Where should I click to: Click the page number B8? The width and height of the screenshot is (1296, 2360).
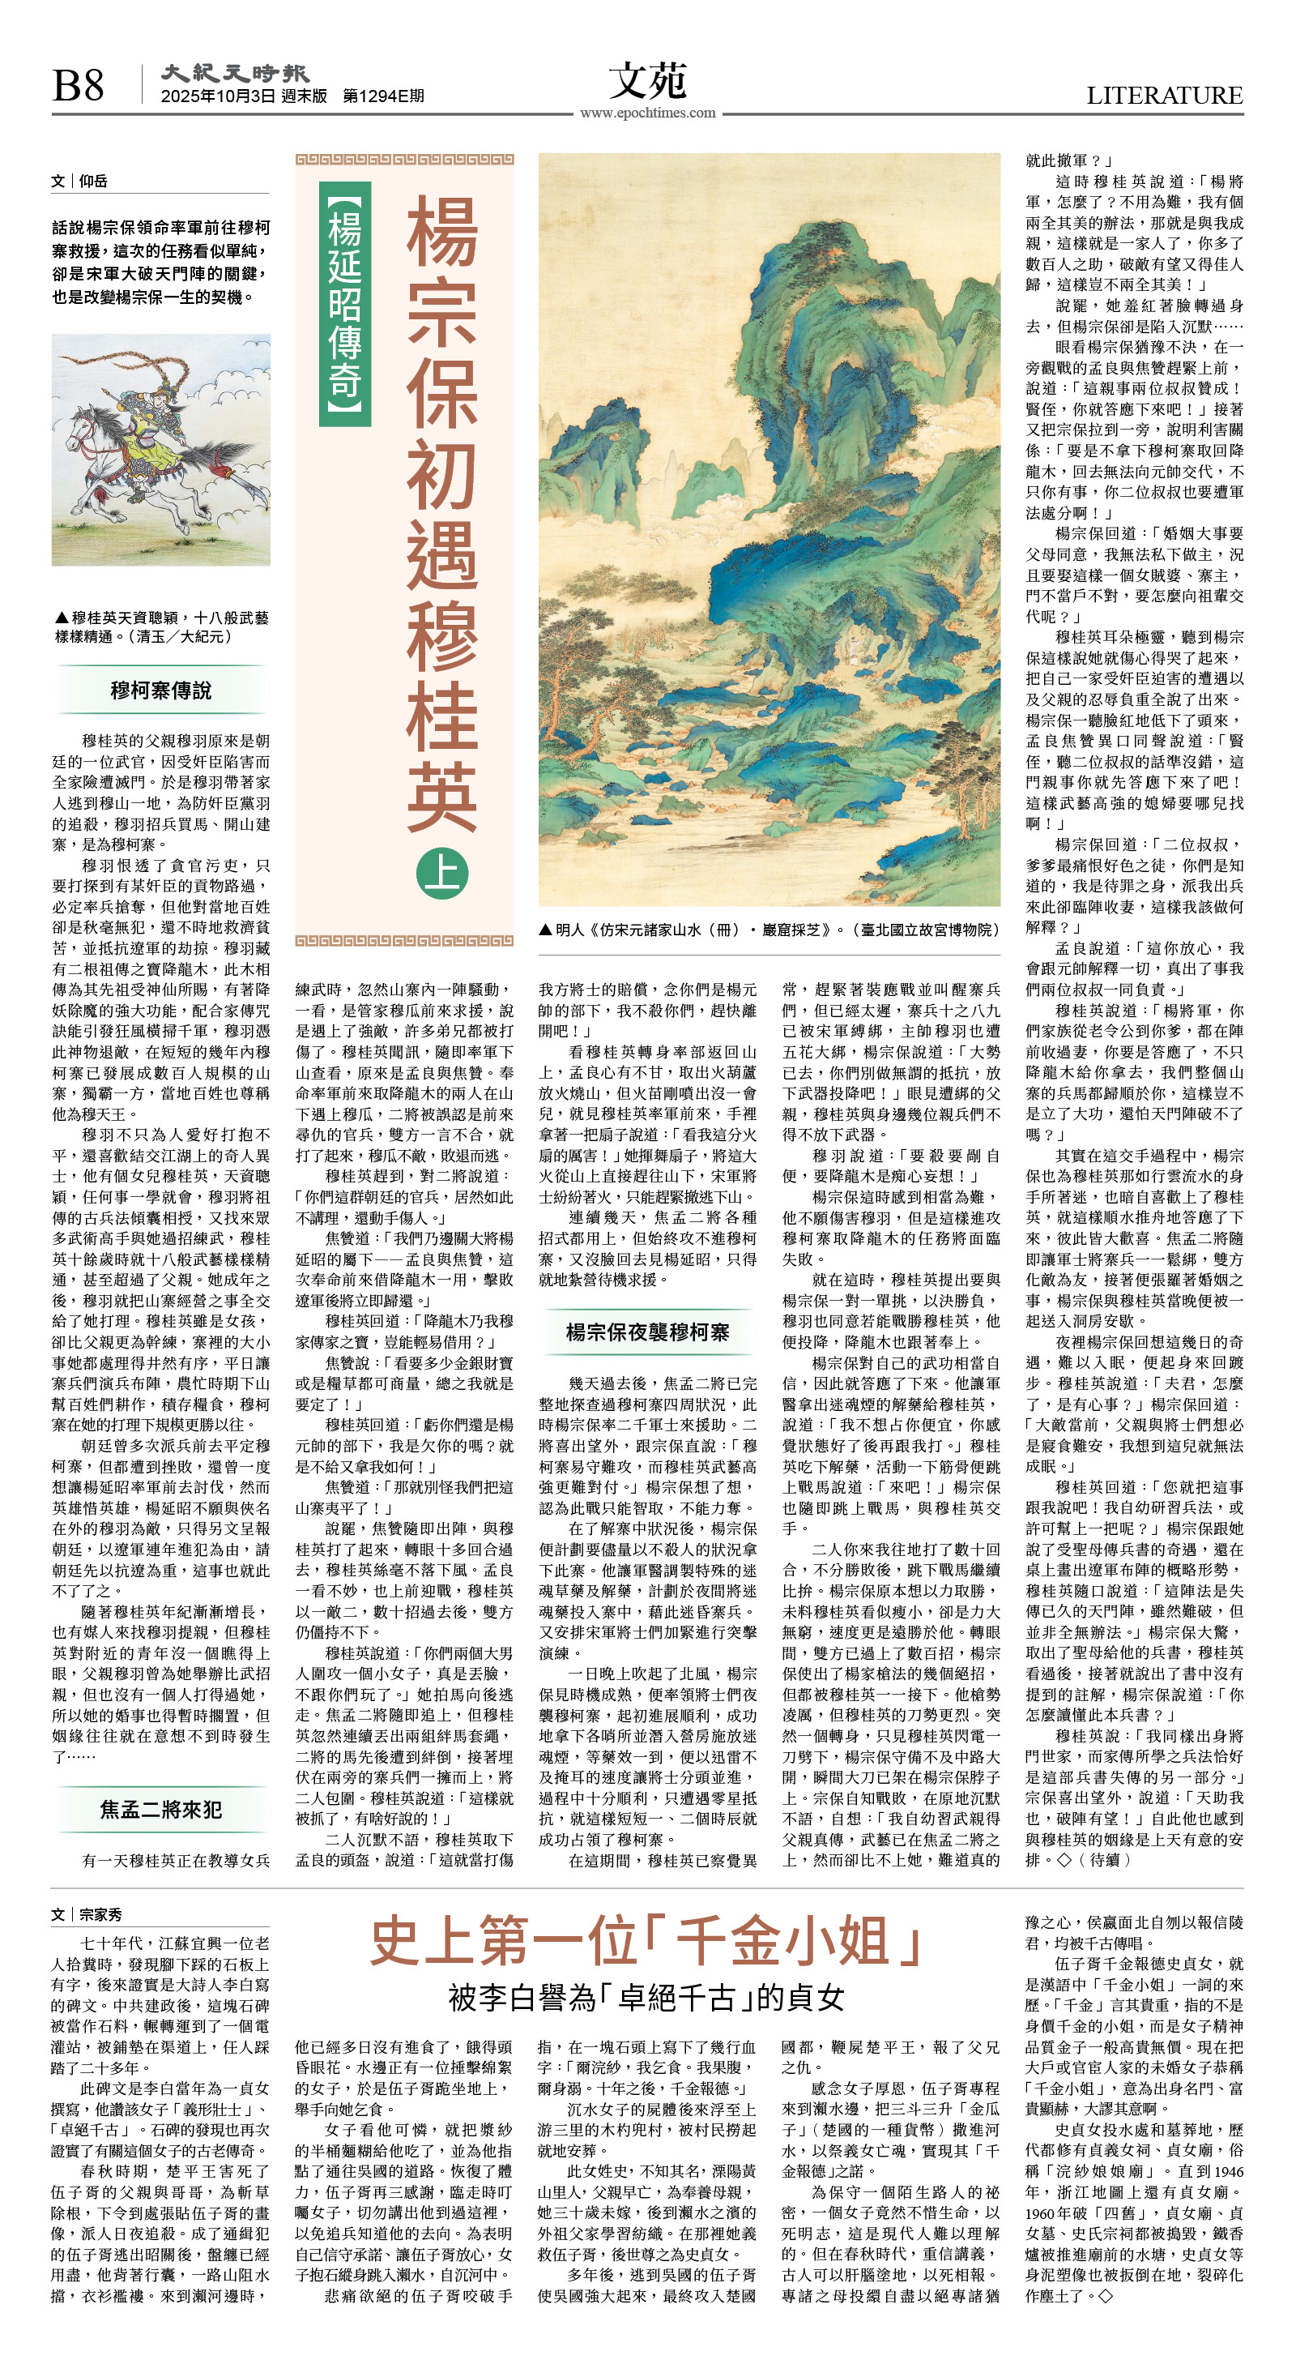78,85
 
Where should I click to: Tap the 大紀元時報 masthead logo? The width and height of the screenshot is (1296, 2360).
234,73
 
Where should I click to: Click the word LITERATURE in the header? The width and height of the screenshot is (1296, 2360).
1164,96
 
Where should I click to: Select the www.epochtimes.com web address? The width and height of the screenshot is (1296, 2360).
647,113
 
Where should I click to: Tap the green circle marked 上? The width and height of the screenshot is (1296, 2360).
442,872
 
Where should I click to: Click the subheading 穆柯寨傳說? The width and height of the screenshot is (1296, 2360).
161,690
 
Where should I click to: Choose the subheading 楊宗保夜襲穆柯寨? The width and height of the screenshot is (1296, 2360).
647,1332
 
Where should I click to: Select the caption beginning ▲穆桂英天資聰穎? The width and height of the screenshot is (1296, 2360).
161,626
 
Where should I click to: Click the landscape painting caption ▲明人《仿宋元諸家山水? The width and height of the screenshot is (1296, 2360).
769,929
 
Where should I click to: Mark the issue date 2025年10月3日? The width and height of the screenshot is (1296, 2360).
218,96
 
